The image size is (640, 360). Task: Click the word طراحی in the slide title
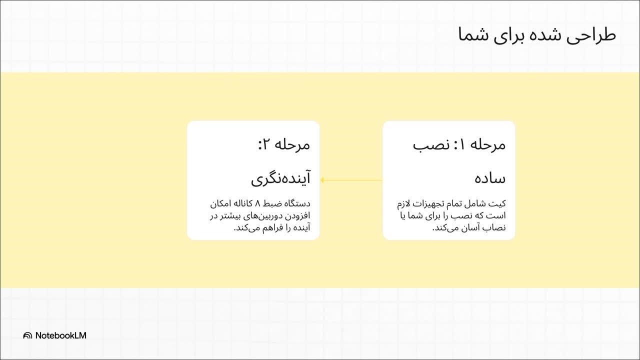[591, 35]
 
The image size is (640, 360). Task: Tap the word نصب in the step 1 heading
[427, 145]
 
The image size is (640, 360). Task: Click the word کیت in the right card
[498, 203]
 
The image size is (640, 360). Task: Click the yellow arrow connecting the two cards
[351, 180]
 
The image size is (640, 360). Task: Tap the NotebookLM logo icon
[27, 335]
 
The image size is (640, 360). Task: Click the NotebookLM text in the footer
[61, 335]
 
